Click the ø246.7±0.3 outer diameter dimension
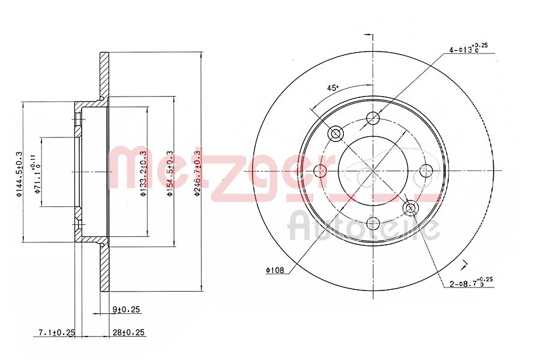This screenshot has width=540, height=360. point(197,172)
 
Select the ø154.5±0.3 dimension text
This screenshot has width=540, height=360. point(170,172)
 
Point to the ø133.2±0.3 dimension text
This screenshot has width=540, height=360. point(143,172)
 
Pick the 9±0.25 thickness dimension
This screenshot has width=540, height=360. point(125,310)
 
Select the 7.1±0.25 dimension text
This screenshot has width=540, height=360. point(56,332)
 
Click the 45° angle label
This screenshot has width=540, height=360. point(332,88)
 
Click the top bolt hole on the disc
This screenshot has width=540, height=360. point(373,118)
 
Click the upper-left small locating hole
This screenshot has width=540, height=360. point(335,133)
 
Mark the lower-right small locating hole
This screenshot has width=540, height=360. point(411,208)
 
